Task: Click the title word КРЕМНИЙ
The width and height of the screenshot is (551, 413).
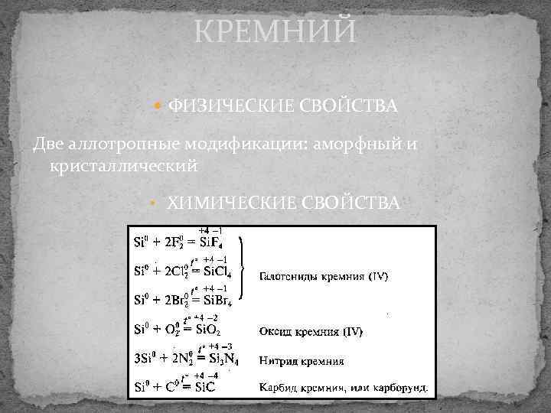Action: (x=275, y=32)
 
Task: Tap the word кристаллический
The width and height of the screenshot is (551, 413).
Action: (x=122, y=165)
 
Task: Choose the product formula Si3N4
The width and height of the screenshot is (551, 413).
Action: (x=217, y=359)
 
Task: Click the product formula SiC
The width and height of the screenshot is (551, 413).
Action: (x=204, y=387)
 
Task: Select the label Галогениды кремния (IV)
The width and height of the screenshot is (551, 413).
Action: (x=322, y=276)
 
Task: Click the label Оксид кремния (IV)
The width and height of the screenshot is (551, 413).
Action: (x=310, y=332)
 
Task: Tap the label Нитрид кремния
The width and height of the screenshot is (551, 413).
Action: (x=301, y=360)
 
